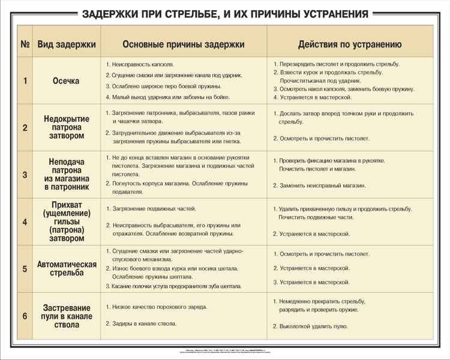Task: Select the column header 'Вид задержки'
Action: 67,44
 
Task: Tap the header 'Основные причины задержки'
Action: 184,44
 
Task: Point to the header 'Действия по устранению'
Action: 350,44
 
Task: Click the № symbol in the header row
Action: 25,44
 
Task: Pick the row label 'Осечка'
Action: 66,81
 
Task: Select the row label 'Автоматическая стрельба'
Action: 67,269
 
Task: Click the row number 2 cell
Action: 25,128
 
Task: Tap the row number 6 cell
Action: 25,316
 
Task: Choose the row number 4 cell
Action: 25,222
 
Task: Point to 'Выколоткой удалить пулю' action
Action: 313,326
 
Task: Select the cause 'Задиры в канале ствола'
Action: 144,323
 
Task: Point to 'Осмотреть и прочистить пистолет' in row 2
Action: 324,139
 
